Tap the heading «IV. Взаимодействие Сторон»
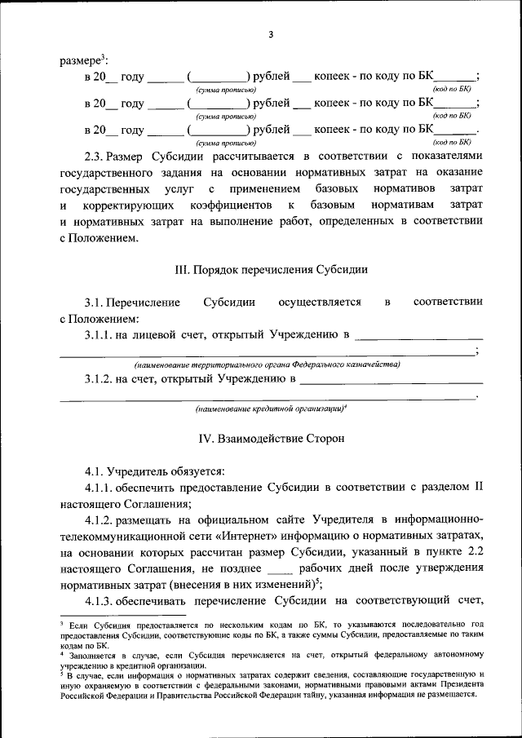tap(272, 438)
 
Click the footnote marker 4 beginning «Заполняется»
tap(62, 653)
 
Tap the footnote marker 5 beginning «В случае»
tap(62, 675)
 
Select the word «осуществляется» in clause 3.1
tap(319, 302)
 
